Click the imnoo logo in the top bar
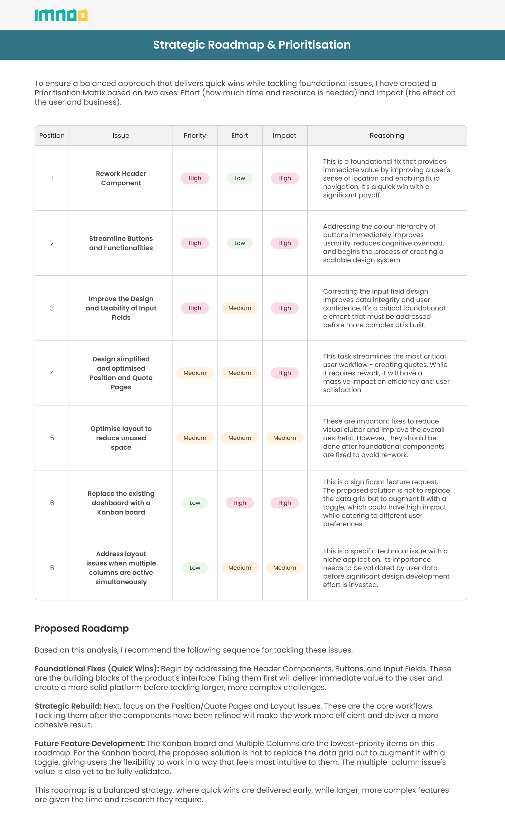[61, 15]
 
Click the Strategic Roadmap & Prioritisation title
[252, 45]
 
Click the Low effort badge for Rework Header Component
[240, 178]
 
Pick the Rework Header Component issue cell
[121, 178]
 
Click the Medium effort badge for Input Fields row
[240, 308]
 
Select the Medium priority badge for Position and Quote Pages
[195, 373]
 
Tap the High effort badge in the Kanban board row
[240, 503]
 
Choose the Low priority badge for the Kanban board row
[195, 503]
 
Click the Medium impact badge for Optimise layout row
[285, 438]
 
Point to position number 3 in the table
[52, 308]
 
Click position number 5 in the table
[52, 438]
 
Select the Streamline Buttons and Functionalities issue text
[121, 243]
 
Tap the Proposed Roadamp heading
[82, 628]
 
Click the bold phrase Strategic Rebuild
[68, 706]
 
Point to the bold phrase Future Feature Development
[90, 743]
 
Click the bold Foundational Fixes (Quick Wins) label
[97, 669]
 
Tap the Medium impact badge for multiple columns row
[285, 568]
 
